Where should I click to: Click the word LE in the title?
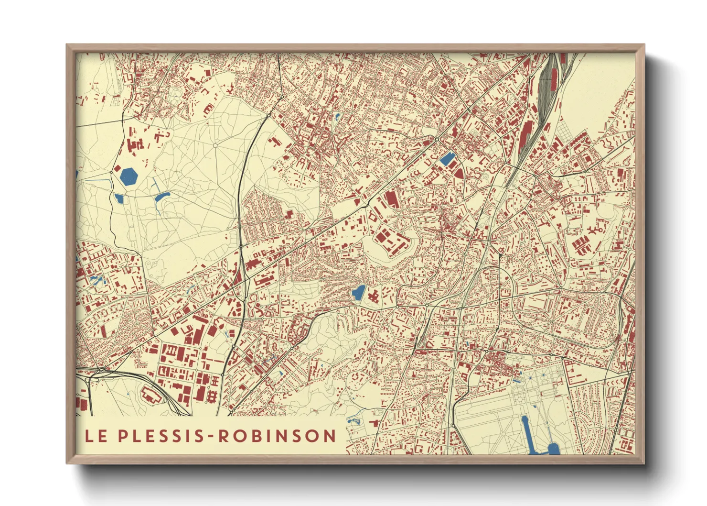point(96,436)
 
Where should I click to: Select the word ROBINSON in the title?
point(278,436)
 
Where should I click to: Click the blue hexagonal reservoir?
point(129,176)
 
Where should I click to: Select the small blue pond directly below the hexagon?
point(119,198)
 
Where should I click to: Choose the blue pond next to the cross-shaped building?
point(358,293)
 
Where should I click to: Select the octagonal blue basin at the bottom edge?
point(553,449)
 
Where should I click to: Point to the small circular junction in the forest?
point(215,145)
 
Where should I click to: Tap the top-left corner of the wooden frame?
point(68,46)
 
